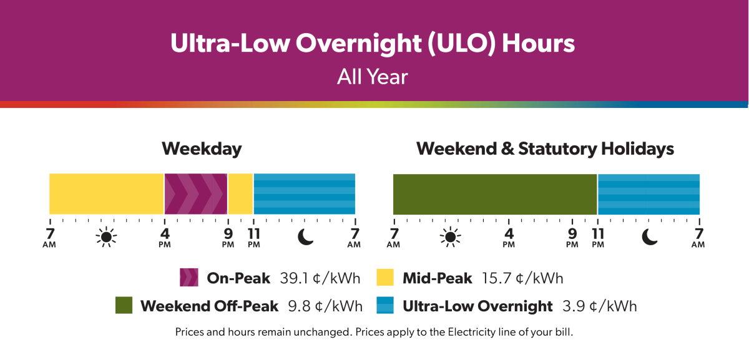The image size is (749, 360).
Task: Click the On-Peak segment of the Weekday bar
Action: (195, 194)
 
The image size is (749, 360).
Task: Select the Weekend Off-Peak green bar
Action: (495, 194)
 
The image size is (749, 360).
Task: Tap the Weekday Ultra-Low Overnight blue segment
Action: (304, 194)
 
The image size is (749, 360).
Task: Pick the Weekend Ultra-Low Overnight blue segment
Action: (649, 194)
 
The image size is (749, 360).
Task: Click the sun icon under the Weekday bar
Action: (106, 237)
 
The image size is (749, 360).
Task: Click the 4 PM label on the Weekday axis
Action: (165, 237)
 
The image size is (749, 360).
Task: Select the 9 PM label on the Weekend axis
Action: (572, 237)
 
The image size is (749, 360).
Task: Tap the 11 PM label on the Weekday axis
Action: (253, 237)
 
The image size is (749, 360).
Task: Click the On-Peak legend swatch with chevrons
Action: (188, 278)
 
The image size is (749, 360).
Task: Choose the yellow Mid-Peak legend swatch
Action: (384, 278)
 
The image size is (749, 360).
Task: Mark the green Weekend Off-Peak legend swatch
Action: (125, 306)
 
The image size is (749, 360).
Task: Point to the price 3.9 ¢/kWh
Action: (599, 306)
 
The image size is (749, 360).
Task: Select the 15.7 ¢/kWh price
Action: (522, 278)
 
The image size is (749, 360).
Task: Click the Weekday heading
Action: (202, 149)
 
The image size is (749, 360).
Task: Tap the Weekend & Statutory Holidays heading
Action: (545, 149)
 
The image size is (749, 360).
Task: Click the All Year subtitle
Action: (373, 77)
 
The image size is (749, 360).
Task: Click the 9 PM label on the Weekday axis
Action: (228, 237)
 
